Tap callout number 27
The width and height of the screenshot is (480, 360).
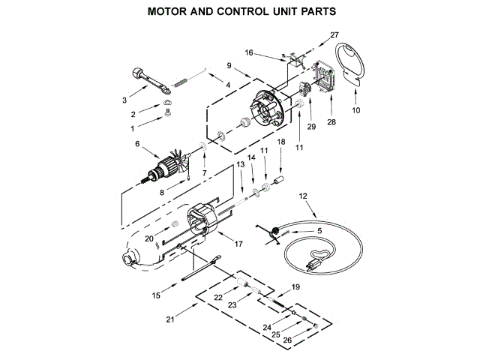[334, 35]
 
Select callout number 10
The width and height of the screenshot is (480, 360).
[355, 110]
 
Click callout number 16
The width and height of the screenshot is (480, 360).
[250, 52]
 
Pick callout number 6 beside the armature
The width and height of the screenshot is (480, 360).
[137, 143]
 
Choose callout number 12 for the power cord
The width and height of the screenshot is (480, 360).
[303, 196]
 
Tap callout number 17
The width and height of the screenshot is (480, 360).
[238, 244]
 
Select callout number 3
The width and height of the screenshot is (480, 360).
[124, 99]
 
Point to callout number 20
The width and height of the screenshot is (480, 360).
[149, 238]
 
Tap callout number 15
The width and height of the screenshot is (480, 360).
[156, 295]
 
